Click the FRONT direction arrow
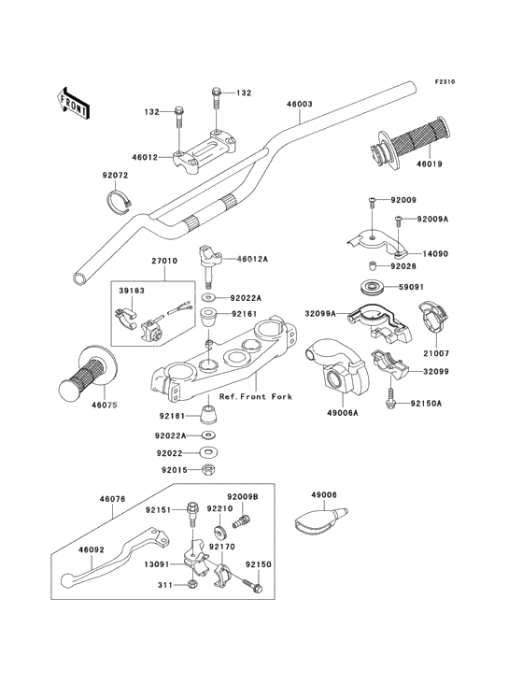pyautogui.click(x=73, y=103)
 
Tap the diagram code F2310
pyautogui.click(x=445, y=81)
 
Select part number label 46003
pyautogui.click(x=300, y=105)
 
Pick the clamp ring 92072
pyautogui.click(x=120, y=199)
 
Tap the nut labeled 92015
pyautogui.click(x=209, y=470)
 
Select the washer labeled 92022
pyautogui.click(x=209, y=453)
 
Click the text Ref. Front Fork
pyautogui.click(x=255, y=396)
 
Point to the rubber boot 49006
pyautogui.click(x=321, y=520)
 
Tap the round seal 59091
pyautogui.click(x=372, y=288)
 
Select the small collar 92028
pyautogui.click(x=372, y=266)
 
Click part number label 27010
pyautogui.click(x=164, y=261)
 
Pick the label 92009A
pyautogui.click(x=432, y=219)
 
